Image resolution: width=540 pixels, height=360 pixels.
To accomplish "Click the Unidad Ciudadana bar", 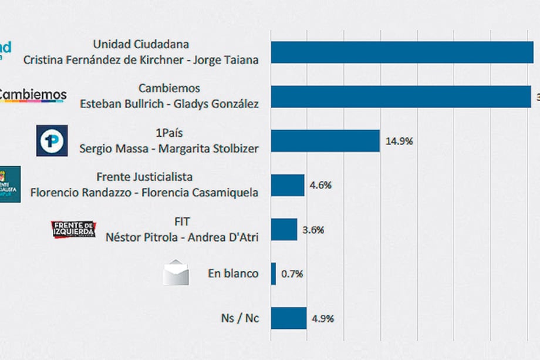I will point(402,52).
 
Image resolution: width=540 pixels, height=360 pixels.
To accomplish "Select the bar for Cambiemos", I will point(401,97).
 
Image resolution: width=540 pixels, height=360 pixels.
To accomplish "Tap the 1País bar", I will point(325,141).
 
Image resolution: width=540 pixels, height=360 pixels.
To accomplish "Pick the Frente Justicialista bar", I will point(288,185).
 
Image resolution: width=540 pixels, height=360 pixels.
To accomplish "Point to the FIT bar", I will point(284,229).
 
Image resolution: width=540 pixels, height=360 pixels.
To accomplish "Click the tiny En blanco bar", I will point(274,274).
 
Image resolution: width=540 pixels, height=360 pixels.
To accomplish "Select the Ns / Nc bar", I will point(288,318).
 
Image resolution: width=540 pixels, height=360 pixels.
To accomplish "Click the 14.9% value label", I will point(399,142).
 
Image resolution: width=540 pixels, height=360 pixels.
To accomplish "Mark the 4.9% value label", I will point(323,319).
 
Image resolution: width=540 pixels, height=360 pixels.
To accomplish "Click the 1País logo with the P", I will point(52,140).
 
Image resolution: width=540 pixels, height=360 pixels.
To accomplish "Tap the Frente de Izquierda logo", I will point(73,230).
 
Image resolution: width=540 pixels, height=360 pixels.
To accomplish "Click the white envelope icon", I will point(176,273).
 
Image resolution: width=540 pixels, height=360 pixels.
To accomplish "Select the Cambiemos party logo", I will point(33,95).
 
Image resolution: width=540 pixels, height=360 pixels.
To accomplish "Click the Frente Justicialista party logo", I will point(10,184).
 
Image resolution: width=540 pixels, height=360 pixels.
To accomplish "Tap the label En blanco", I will point(233,274).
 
